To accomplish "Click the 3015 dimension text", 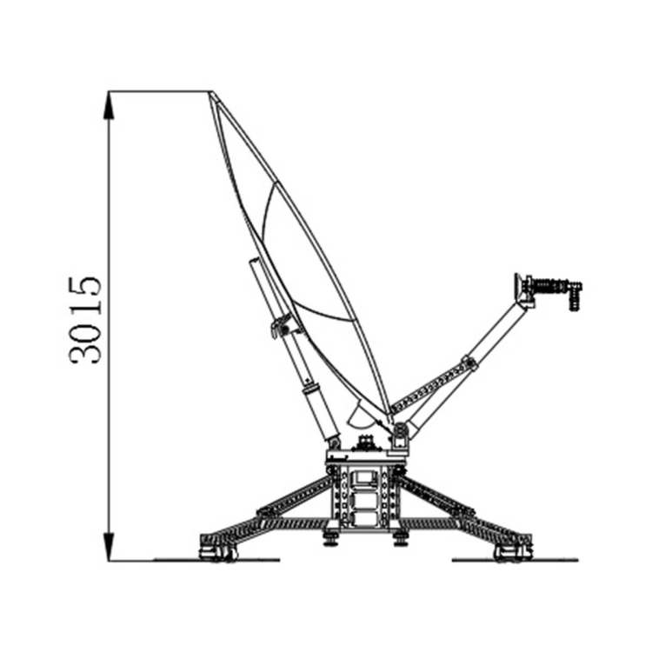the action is click(x=85, y=320).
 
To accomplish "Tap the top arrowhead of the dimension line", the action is click(x=109, y=104).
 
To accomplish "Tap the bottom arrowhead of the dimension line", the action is click(x=109, y=546).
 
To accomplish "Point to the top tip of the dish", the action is click(x=211, y=92).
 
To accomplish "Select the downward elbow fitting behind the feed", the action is click(x=575, y=296).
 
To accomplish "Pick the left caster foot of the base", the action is click(x=218, y=554).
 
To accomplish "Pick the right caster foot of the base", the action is click(x=512, y=554).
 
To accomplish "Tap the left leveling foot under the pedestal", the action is click(x=331, y=538).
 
